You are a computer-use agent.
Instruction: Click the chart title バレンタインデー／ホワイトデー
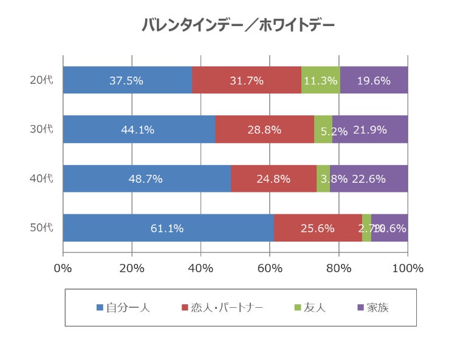(238, 25)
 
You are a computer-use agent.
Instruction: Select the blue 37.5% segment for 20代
(127, 80)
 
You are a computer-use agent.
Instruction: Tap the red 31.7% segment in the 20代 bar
(246, 80)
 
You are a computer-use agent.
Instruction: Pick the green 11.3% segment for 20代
(320, 80)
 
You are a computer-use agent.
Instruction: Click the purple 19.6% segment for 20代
(374, 80)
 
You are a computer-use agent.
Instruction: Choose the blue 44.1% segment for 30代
(139, 129)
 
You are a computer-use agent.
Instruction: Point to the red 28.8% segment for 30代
(264, 129)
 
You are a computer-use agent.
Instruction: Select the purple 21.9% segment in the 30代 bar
(370, 129)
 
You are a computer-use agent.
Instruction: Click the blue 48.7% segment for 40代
(146, 178)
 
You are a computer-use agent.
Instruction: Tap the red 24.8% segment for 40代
(273, 178)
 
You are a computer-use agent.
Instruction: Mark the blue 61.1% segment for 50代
(168, 228)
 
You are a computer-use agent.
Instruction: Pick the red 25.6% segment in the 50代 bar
(318, 228)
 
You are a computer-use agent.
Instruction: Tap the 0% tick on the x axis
(63, 268)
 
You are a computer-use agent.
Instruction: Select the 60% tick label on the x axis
(270, 268)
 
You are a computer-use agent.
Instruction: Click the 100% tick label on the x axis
(408, 268)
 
